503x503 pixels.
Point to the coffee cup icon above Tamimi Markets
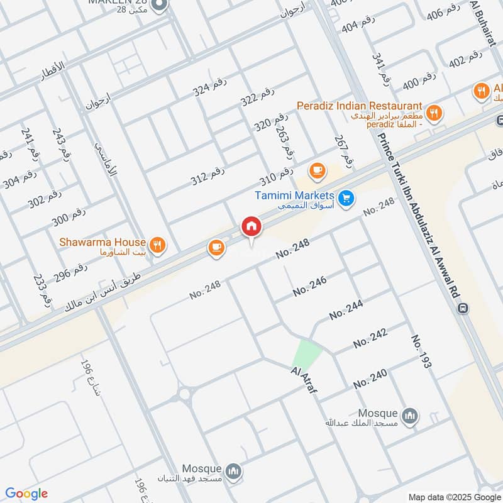coord(317,170)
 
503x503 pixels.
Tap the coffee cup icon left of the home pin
coord(217,248)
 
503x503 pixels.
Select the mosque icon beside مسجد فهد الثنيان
coord(234,471)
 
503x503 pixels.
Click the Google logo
coord(26,493)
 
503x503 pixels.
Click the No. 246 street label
coord(309,287)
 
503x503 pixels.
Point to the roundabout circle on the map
coord(185,395)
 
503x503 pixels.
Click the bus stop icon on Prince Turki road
coord(464,307)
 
